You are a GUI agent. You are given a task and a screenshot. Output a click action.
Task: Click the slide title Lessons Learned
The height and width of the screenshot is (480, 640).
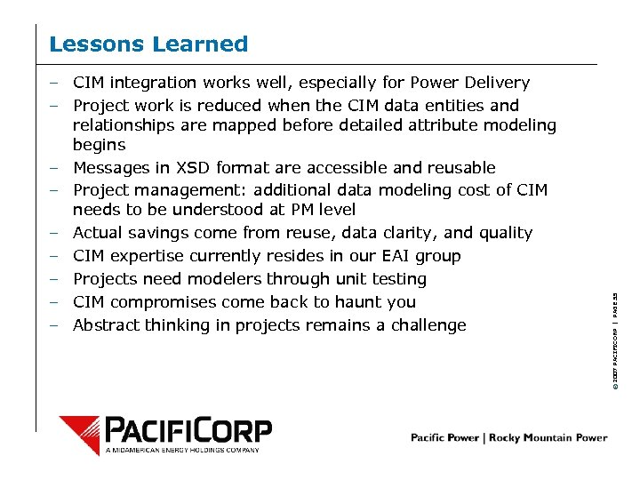pos(148,44)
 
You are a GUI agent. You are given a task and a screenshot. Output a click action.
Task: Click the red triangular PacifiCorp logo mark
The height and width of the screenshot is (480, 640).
pos(79,433)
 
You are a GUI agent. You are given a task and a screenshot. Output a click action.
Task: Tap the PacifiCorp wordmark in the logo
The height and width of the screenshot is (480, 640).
pos(188,430)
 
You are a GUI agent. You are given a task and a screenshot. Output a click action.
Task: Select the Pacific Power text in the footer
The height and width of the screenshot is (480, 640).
pos(445,437)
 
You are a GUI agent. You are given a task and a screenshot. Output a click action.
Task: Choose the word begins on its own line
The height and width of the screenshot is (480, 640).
pos(99,145)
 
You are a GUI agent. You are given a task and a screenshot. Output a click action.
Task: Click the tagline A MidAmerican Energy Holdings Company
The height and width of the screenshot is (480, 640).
pos(183,450)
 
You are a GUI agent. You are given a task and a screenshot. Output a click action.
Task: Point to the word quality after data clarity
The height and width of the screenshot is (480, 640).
pos(505,233)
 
